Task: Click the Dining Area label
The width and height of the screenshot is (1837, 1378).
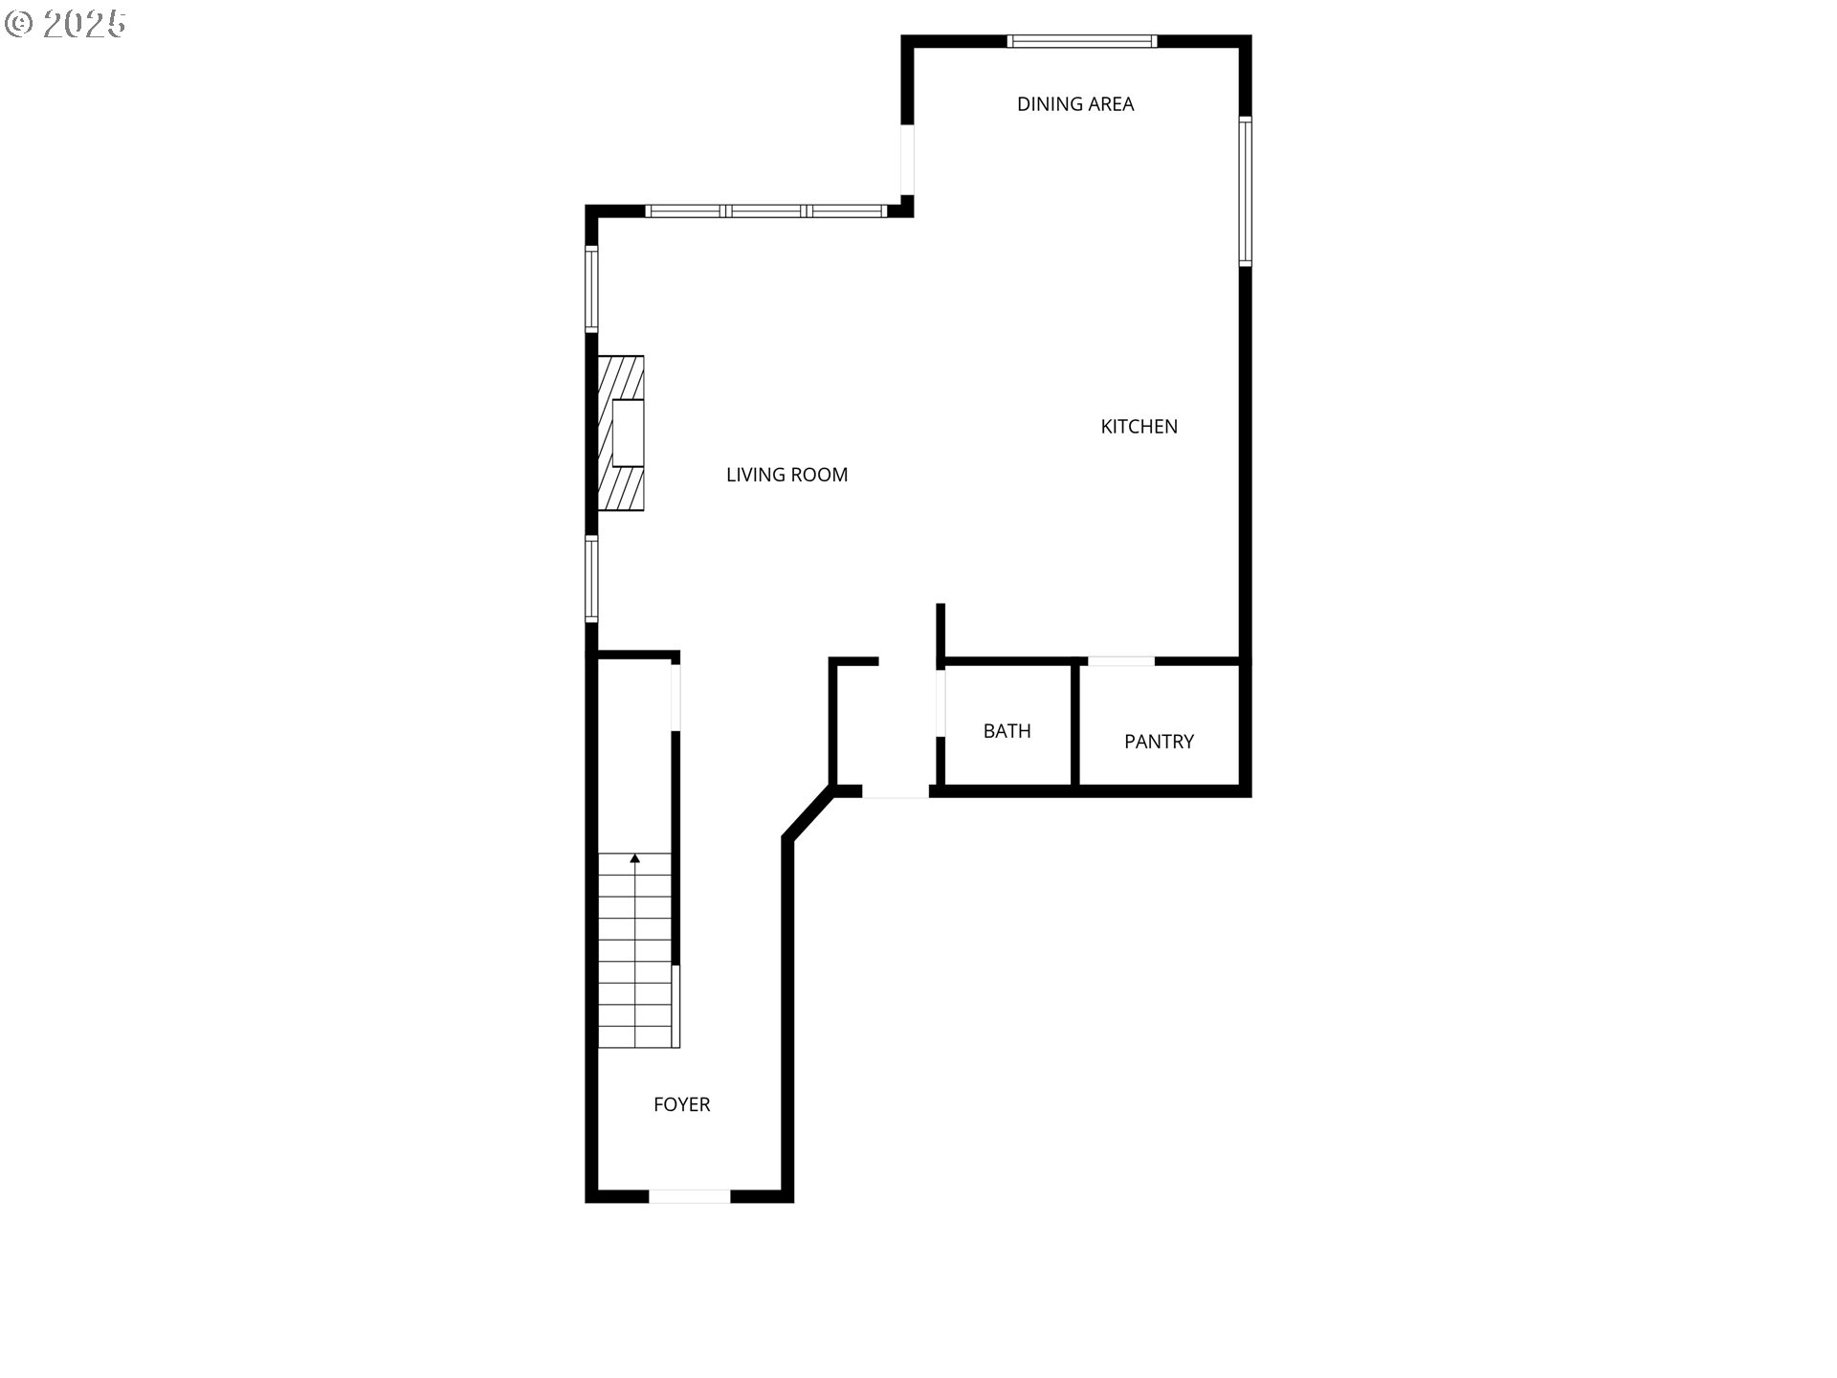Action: [1075, 104]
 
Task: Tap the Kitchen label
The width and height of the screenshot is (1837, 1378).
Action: [1139, 427]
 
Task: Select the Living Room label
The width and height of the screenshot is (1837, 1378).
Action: [786, 475]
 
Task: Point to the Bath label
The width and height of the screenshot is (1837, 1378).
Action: [1007, 731]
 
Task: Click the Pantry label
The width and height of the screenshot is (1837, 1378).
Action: [1159, 742]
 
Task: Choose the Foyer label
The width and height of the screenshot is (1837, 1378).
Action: [681, 1104]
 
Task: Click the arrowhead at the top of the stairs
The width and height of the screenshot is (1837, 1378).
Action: [635, 858]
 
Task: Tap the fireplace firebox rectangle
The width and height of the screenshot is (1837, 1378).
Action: [628, 433]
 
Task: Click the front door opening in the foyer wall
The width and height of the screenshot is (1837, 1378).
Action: [690, 1196]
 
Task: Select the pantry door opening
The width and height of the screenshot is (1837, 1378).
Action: [1121, 661]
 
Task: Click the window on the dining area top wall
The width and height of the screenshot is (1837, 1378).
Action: [1082, 41]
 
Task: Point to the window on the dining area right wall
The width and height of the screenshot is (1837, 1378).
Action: [1245, 190]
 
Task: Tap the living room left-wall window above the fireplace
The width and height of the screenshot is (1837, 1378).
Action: [592, 289]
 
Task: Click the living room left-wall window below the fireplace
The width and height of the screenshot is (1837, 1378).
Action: [592, 579]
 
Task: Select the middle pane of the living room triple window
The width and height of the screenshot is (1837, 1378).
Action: [765, 211]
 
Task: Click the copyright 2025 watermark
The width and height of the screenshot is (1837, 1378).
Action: [66, 24]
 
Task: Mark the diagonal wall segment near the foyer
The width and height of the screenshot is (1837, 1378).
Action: [808, 814]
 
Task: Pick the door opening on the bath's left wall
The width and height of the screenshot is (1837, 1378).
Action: [941, 703]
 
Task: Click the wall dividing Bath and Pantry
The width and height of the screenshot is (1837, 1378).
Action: [1074, 724]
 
